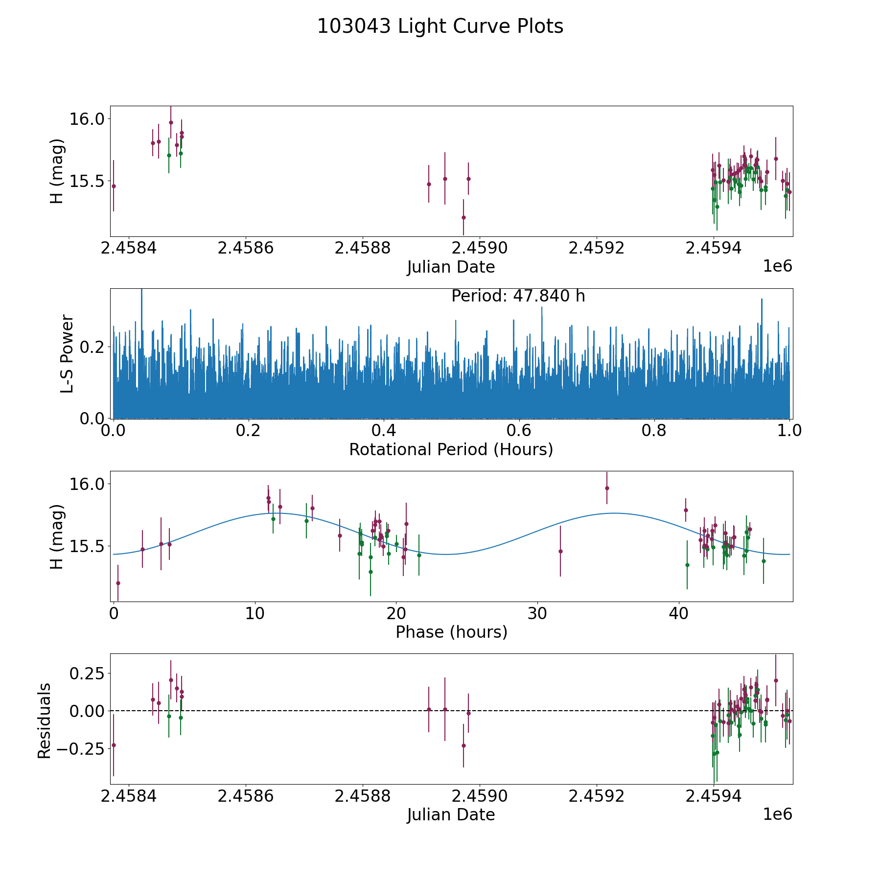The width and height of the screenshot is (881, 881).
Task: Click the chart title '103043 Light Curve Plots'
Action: click(x=440, y=26)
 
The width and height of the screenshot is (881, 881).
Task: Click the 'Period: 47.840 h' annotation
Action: click(x=518, y=296)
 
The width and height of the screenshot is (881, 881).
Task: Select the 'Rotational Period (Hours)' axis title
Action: click(x=451, y=449)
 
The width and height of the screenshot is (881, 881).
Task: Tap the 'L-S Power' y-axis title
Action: click(x=68, y=353)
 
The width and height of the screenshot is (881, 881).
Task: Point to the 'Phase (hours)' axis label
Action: click(x=451, y=632)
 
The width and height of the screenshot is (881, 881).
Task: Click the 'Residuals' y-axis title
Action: click(x=45, y=720)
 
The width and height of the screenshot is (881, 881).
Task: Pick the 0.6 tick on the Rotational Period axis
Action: click(x=519, y=431)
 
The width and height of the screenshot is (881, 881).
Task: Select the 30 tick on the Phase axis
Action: click(x=537, y=613)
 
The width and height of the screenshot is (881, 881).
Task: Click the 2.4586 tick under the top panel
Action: click(x=246, y=248)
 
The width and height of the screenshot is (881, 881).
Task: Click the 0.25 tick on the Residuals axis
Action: click(x=87, y=673)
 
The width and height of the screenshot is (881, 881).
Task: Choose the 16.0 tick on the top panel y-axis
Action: click(x=88, y=119)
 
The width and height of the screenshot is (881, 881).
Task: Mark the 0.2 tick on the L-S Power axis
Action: click(x=92, y=347)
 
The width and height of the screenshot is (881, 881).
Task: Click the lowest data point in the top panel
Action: click(x=463, y=217)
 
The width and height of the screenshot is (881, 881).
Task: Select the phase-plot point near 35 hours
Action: click(x=607, y=488)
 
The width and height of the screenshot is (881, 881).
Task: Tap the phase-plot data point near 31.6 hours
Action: click(x=560, y=551)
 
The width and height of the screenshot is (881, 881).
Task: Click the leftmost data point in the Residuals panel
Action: click(x=114, y=745)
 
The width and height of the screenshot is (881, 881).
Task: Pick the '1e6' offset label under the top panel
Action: click(x=777, y=266)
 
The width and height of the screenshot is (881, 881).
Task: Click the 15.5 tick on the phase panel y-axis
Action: click(x=88, y=546)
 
